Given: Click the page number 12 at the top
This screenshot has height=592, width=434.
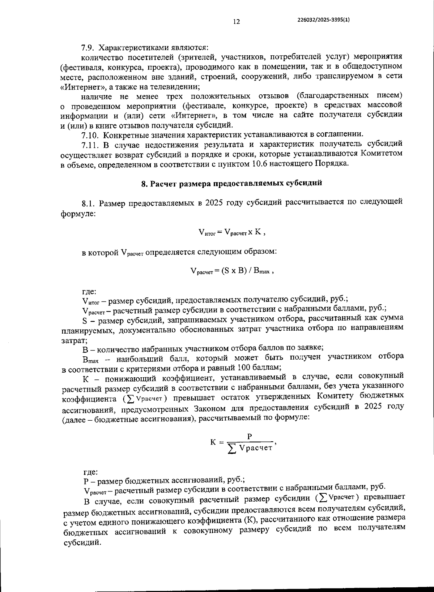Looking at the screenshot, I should click(x=236, y=22).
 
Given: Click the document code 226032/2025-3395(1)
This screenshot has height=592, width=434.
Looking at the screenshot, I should click(x=323, y=21).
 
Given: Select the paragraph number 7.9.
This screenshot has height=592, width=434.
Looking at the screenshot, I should click(x=88, y=48).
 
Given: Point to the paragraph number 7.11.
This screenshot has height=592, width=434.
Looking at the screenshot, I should click(x=90, y=145).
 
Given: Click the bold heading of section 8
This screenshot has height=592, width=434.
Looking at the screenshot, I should click(x=231, y=183).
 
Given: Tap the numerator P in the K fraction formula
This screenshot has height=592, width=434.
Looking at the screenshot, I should click(x=249, y=437).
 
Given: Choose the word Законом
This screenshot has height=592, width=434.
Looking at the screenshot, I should click(x=206, y=408).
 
